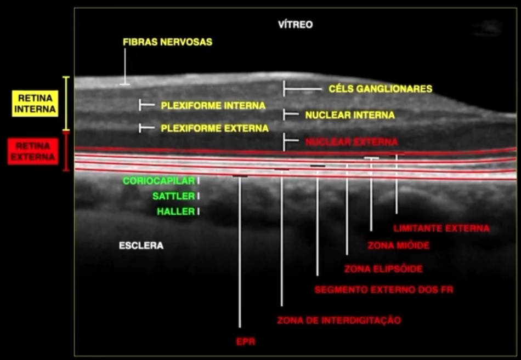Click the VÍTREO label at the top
pos(295,25)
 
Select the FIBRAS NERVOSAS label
pos(167,42)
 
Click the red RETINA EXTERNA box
pos(33,152)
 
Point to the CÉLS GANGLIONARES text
pos(380,89)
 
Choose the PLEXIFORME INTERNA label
pos(213,105)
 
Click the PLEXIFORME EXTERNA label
pos(214,129)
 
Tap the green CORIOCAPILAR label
pos(158,181)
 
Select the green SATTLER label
pos(173,196)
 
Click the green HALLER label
pos(175,212)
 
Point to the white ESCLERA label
pos(141,246)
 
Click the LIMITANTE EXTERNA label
pos(441,228)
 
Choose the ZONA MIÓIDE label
pos(398,246)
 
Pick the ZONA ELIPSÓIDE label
pos(383,270)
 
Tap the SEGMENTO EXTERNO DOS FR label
pos(384,289)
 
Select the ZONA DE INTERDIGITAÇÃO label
pos(339,320)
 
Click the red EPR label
pos(246,342)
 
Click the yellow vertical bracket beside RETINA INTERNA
pos(66,104)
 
